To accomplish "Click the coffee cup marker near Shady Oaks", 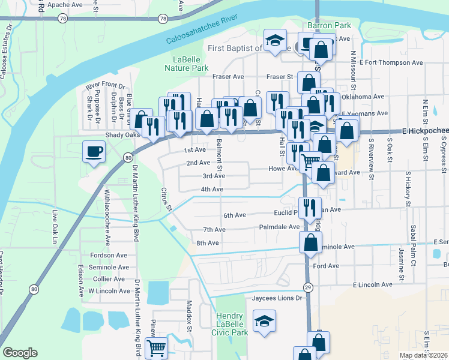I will point(93,151).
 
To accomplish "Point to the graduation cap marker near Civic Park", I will point(264,320).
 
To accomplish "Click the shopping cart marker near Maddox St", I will point(156,346).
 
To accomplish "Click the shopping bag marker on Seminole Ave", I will point(310,243).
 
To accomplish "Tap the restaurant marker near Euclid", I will point(310,208).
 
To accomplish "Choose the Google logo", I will point(20,353).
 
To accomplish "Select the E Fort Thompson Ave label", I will point(391,62).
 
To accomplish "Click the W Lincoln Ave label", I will point(109,291).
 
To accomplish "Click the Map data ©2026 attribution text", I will point(423,355).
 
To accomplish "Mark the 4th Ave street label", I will point(212,190).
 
